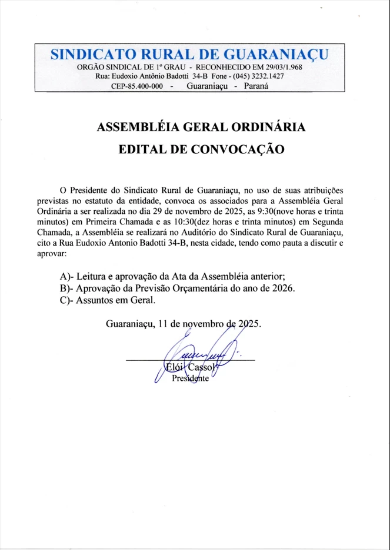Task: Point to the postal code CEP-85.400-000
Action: (136, 86)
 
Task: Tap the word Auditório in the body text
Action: (214, 232)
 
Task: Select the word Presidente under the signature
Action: (190, 378)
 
